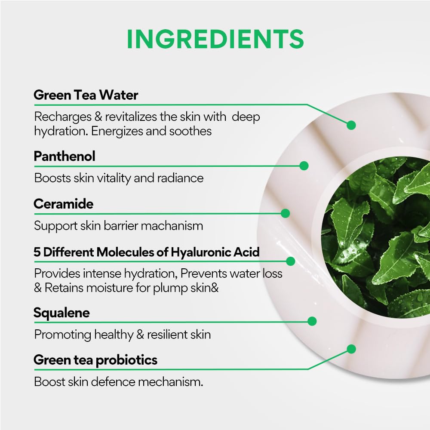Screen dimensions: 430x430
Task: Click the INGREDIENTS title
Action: (x=215, y=39)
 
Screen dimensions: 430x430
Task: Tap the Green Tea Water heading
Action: (x=86, y=95)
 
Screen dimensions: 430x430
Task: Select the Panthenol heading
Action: (x=64, y=157)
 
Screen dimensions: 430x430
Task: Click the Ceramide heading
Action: (x=63, y=204)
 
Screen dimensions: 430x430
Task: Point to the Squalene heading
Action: (x=61, y=313)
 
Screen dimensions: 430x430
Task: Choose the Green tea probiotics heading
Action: (x=95, y=360)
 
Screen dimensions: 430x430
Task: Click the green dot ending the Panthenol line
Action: (x=304, y=166)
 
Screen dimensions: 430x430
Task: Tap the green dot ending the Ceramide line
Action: (x=285, y=213)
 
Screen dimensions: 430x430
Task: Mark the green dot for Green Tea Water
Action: (x=351, y=125)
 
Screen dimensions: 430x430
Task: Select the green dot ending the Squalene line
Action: (x=312, y=321)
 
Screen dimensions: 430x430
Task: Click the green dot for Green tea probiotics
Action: (x=351, y=349)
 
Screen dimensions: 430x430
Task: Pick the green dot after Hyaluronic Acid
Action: (x=290, y=261)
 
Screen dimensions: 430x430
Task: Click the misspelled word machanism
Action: (x=172, y=226)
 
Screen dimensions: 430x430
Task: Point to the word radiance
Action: (x=180, y=178)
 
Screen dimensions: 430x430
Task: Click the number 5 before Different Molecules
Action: (x=37, y=252)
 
